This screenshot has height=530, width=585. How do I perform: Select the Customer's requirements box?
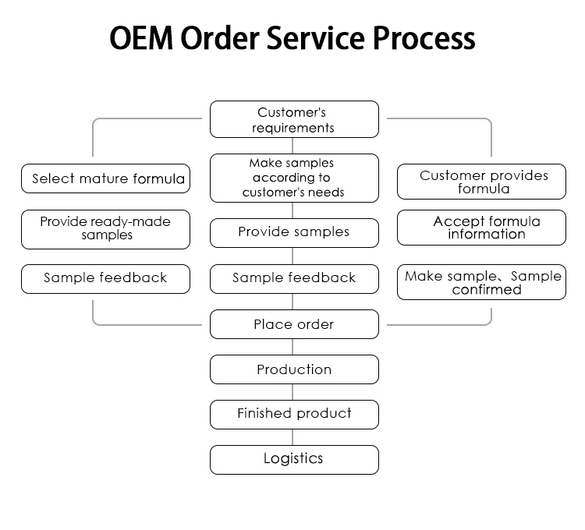pyautogui.click(x=294, y=120)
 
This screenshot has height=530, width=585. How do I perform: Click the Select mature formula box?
pyautogui.click(x=105, y=178)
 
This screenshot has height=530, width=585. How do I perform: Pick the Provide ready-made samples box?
pyautogui.click(x=105, y=228)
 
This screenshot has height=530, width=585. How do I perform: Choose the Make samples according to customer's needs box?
pyautogui.click(x=294, y=178)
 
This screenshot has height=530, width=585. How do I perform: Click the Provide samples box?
pyautogui.click(x=294, y=232)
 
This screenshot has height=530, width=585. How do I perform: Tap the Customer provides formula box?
pyautogui.click(x=481, y=182)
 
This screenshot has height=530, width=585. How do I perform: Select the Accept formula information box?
pyautogui.click(x=481, y=228)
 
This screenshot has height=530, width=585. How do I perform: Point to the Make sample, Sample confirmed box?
pyautogui.click(x=481, y=283)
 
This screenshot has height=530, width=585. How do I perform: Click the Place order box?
pyautogui.click(x=294, y=324)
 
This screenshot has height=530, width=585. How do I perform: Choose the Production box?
pyautogui.click(x=294, y=369)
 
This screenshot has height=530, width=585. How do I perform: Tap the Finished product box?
pyautogui.click(x=294, y=414)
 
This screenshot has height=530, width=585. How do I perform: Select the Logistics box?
pyautogui.click(x=294, y=459)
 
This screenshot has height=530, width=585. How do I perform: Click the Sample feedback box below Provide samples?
pyautogui.click(x=294, y=278)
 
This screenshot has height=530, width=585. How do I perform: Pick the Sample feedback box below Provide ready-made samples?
pyautogui.click(x=105, y=278)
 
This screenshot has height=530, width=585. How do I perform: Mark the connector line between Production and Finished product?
pyautogui.click(x=294, y=392)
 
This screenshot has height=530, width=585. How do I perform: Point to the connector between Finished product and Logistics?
pyautogui.click(x=294, y=436)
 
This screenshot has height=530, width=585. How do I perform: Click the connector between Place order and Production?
pyautogui.click(x=294, y=347)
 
